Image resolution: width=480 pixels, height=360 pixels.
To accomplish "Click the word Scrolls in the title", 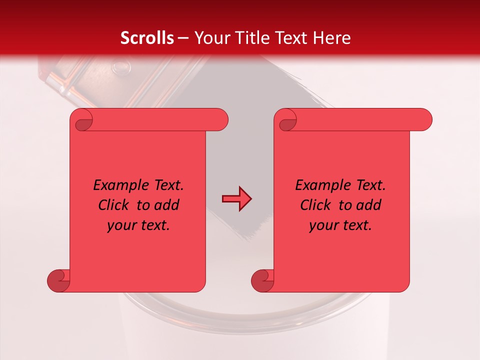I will [x=147, y=38].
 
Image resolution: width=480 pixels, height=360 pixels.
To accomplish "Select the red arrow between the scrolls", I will [x=236, y=198].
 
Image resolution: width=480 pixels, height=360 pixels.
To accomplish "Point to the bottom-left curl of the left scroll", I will [x=58, y=280].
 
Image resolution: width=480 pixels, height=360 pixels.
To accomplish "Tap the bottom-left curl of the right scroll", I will [x=262, y=280].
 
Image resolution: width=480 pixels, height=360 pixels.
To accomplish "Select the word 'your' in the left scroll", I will [x=121, y=225].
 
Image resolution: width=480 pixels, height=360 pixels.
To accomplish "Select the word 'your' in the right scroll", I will [x=323, y=225].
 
